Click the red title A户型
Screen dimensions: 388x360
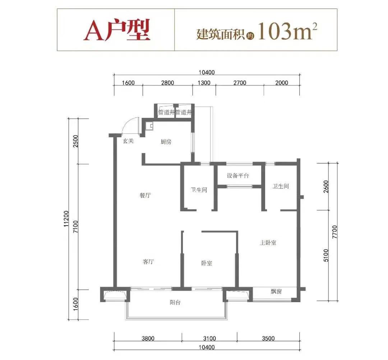click(x=117, y=30)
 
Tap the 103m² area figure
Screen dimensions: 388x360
click(x=287, y=31)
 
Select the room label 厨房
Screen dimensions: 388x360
click(x=166, y=142)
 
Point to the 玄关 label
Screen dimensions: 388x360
click(x=128, y=141)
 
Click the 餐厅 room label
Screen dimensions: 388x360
click(x=145, y=195)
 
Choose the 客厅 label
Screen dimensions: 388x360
click(x=148, y=262)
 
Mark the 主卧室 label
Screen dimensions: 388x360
click(x=268, y=243)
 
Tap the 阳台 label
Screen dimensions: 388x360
click(x=175, y=302)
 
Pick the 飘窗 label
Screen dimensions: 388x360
click(x=276, y=291)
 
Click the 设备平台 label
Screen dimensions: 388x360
click(x=237, y=175)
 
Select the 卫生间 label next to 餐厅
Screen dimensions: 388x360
click(x=199, y=190)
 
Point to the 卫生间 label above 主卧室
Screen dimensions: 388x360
click(x=281, y=186)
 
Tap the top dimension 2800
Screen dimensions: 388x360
click(x=167, y=83)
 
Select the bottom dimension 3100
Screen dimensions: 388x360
click(x=209, y=338)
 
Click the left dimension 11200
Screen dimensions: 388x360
click(x=66, y=219)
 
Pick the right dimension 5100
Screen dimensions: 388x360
click(x=325, y=255)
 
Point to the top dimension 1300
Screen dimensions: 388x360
click(x=204, y=83)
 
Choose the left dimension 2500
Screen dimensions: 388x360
click(x=75, y=141)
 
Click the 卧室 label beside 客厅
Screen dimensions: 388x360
click(x=206, y=263)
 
